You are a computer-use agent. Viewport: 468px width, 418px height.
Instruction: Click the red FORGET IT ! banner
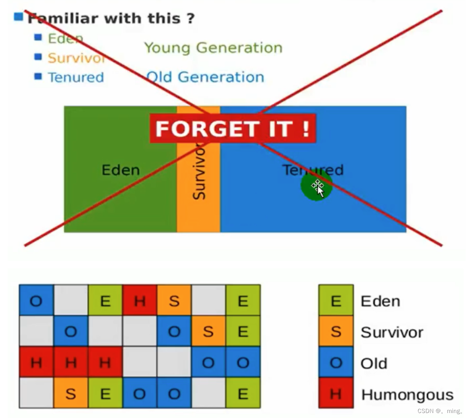[x=233, y=128]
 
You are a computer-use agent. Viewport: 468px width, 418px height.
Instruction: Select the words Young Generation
[x=213, y=48]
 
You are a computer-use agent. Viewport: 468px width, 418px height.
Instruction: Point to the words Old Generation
[x=205, y=77]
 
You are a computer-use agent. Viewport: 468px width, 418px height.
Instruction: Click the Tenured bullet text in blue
[x=76, y=77]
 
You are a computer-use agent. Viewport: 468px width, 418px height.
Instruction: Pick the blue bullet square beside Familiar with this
[x=18, y=17]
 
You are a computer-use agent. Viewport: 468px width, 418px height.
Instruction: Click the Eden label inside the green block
[x=120, y=170]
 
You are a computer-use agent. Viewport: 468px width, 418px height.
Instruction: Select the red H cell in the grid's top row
[x=139, y=300]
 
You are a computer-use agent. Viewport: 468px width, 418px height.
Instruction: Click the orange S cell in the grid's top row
[x=174, y=300]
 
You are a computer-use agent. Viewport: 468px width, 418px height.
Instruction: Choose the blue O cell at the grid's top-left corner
[x=36, y=300]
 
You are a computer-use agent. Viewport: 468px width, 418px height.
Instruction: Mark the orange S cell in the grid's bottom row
[x=70, y=393]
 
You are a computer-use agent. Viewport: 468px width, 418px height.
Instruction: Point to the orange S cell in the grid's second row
[x=208, y=331]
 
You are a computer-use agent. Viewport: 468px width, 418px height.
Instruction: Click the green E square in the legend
[x=336, y=300]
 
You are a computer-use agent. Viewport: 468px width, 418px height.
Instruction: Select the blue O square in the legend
[x=336, y=362]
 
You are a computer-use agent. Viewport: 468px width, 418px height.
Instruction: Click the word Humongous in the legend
[x=407, y=395]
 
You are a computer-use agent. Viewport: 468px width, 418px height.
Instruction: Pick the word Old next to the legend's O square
[x=373, y=363]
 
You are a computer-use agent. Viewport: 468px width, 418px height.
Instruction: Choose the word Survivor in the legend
[x=391, y=332]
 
